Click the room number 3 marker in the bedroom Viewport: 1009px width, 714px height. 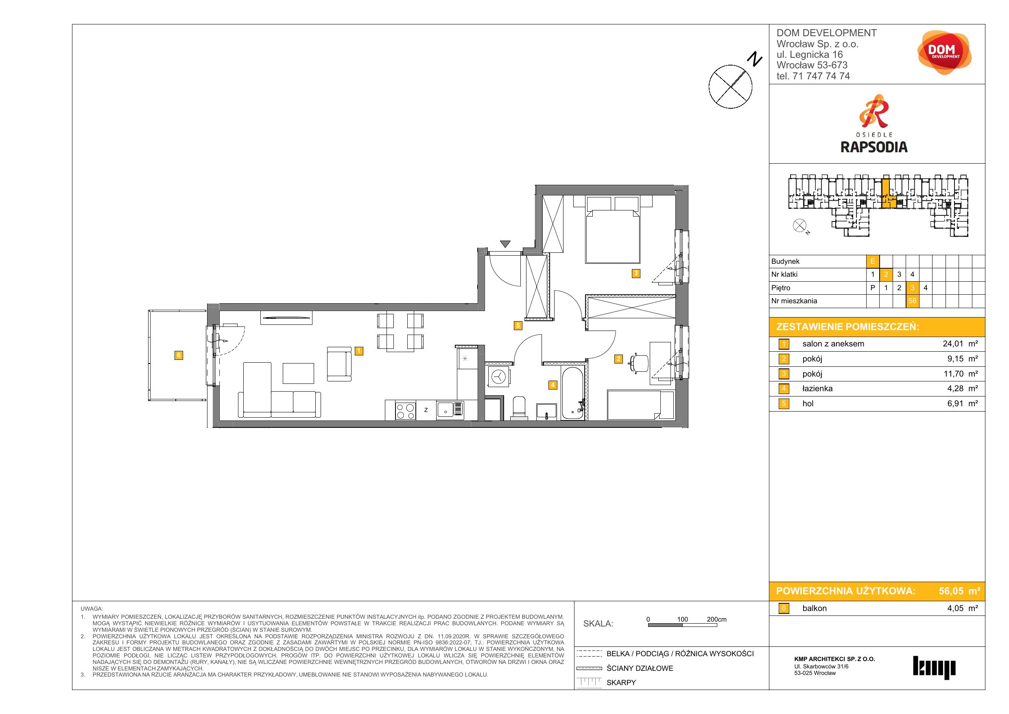pos(636,274)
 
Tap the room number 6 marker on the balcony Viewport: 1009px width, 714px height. pos(179,355)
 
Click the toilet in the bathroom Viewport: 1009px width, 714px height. pos(519,406)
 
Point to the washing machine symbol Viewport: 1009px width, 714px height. pos(499,377)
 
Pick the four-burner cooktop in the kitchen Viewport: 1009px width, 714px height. pos(406,411)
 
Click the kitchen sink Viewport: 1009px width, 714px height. pos(450,410)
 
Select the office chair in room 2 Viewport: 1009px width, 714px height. pos(640,363)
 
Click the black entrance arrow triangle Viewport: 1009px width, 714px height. pos(505,244)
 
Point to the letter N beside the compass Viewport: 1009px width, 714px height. pos(755,59)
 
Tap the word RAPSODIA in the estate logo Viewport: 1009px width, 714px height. pos(874,147)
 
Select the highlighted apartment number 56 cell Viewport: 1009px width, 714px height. pos(912,301)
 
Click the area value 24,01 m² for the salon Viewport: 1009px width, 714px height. pos(960,344)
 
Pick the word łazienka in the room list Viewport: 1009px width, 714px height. pos(817,389)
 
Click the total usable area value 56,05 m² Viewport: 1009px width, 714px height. pos(959,591)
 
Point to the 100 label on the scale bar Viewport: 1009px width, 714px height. pos(682,619)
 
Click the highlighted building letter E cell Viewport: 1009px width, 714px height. pos(873,262)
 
